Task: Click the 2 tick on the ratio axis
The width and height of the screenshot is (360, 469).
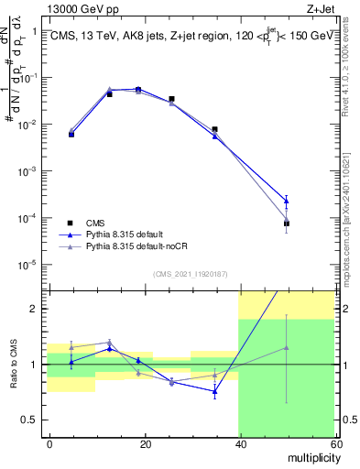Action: pos(37,309)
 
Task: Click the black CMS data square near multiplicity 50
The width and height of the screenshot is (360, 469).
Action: pos(286,224)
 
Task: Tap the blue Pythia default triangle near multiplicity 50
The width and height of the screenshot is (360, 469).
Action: pos(286,201)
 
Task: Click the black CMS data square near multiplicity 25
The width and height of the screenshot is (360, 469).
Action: pos(171,99)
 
